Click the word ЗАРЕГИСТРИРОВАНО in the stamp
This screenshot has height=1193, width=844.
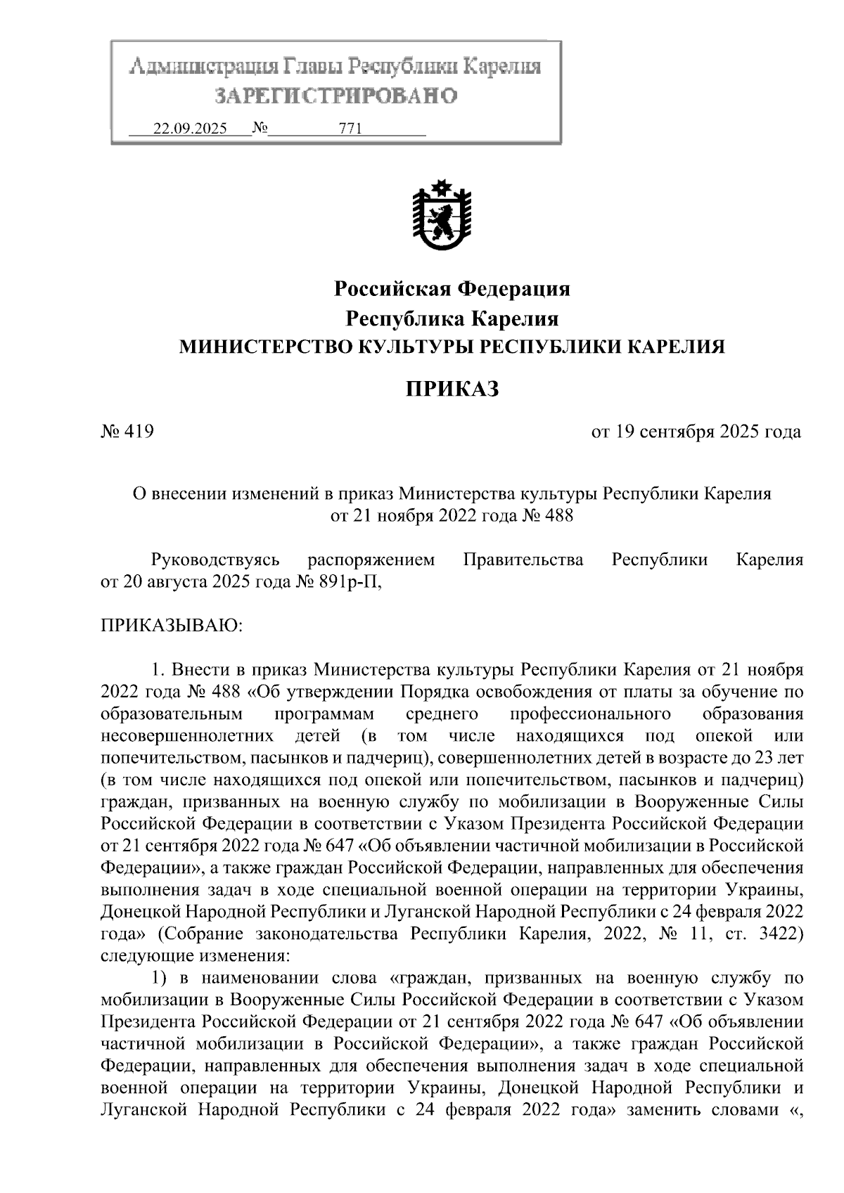point(336,96)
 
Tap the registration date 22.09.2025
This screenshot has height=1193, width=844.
point(191,129)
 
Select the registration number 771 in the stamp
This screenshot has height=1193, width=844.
point(350,129)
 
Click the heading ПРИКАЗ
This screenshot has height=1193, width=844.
point(452,389)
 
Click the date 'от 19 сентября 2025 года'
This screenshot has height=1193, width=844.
point(696,431)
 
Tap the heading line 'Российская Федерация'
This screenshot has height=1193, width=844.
point(452,288)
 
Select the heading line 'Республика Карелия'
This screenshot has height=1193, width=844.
point(452,318)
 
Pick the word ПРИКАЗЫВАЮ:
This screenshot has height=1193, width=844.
point(172,624)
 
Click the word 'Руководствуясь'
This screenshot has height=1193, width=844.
point(215,560)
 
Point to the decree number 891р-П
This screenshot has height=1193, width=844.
point(351,582)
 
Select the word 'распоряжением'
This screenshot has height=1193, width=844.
point(371,560)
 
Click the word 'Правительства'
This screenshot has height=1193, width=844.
point(523,560)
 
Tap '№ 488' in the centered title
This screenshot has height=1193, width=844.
point(547,516)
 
